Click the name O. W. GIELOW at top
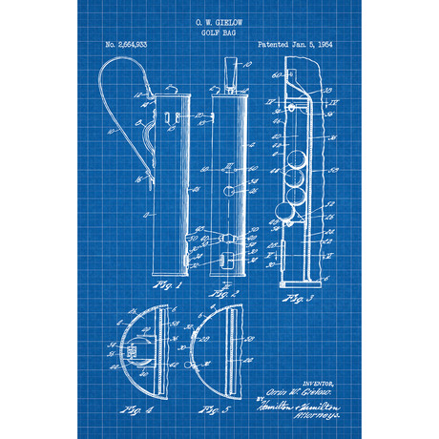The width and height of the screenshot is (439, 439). tap(219, 19)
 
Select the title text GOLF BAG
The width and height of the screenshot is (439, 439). tap(219, 31)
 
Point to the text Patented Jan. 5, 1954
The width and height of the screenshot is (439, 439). tap(297, 45)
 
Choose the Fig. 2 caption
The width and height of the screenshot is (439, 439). tap(224, 285)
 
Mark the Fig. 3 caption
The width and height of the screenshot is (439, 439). tap(297, 300)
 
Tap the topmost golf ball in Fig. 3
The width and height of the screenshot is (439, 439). tap(299, 158)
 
